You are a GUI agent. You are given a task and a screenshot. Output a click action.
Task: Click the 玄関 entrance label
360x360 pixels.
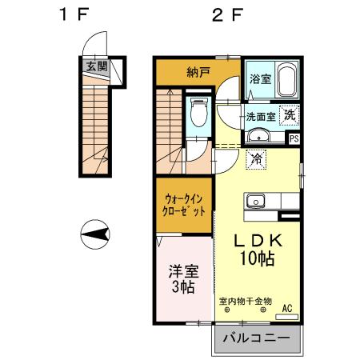pos(96,66)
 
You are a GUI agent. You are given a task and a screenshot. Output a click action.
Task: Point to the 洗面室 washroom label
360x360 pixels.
pos(260,116)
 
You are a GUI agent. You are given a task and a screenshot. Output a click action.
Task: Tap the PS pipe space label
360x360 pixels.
pos(294,138)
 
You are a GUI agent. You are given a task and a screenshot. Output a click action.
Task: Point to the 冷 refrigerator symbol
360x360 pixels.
pos(255,161)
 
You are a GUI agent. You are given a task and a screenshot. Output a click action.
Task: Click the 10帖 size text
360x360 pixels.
pos(255,258)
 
